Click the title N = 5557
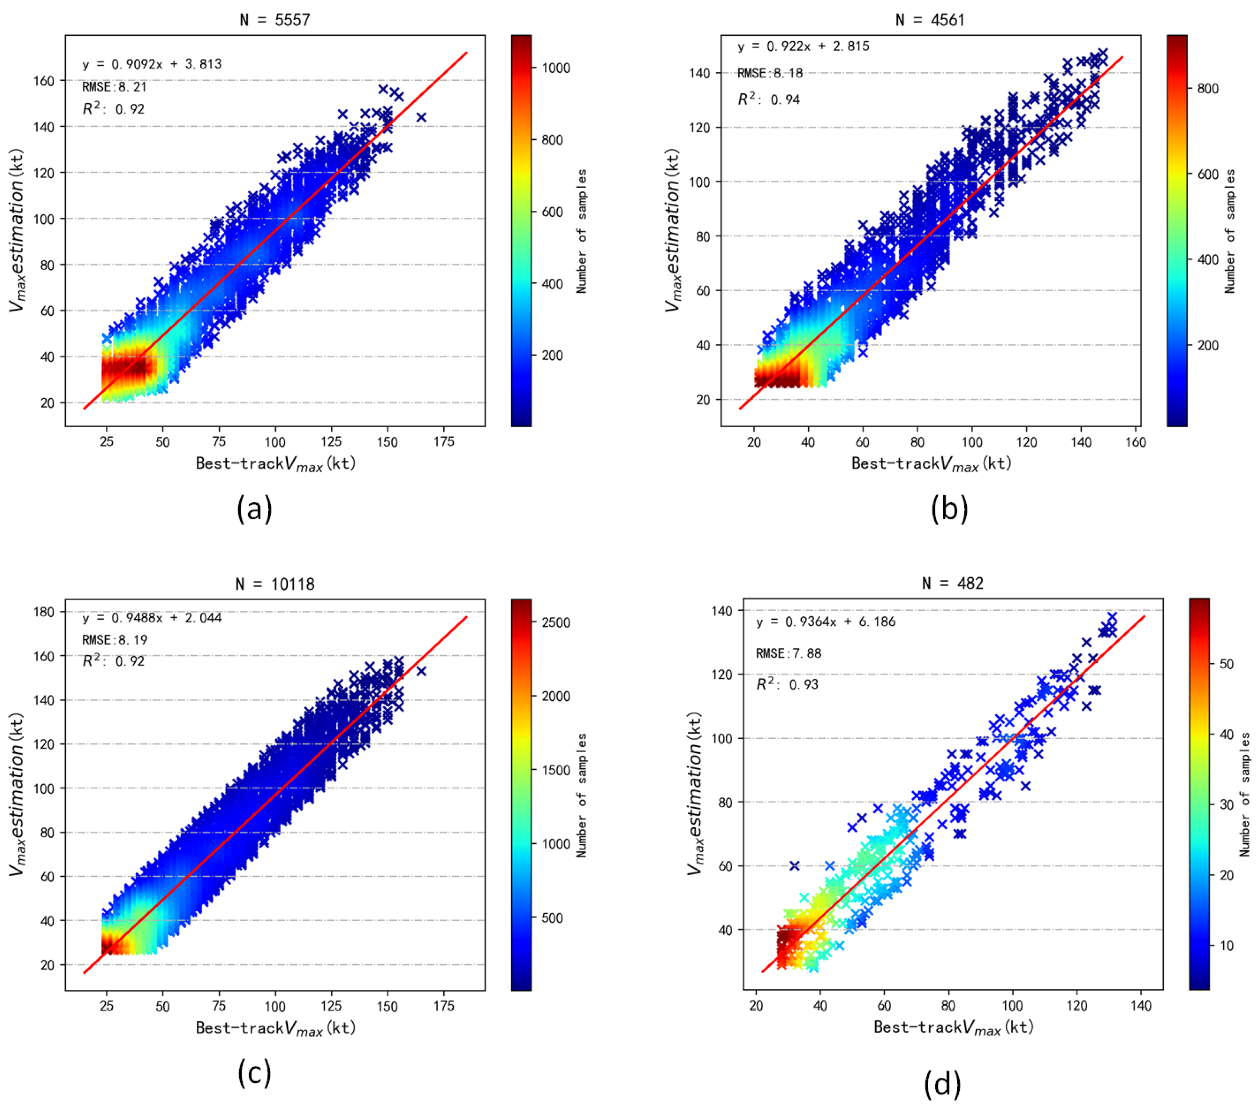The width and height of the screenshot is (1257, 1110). click(275, 20)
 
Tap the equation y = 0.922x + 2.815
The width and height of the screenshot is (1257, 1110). click(803, 46)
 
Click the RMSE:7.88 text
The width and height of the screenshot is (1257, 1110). click(788, 653)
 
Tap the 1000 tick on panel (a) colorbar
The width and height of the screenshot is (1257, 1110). click(555, 68)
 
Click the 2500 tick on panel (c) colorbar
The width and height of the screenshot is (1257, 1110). click(555, 622)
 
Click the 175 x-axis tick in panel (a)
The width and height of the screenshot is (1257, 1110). click(443, 442)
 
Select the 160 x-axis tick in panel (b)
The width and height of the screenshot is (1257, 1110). click(1135, 442)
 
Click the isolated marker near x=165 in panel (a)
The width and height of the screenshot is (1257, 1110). click(421, 117)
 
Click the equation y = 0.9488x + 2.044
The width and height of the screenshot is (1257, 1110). click(152, 617)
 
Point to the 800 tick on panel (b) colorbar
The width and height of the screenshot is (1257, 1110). click(1208, 89)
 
